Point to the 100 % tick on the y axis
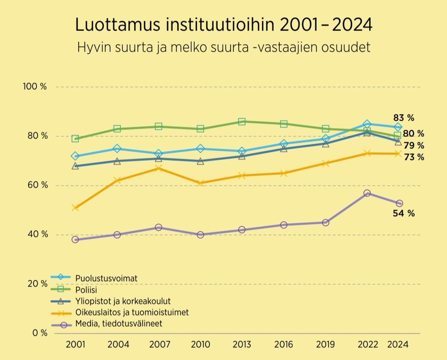click(x=35, y=87)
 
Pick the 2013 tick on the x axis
click(x=242, y=345)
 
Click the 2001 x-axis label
click(x=75, y=345)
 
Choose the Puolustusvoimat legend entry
click(x=107, y=278)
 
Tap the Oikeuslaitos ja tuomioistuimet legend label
click(x=132, y=313)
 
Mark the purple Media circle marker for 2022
click(x=367, y=193)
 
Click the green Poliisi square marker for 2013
click(x=242, y=121)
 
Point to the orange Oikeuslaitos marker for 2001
click(x=75, y=208)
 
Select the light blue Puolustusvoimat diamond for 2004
click(x=117, y=149)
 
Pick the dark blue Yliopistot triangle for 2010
click(x=200, y=161)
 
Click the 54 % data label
click(x=404, y=213)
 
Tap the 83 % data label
click(x=404, y=118)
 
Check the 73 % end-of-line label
click(x=414, y=157)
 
